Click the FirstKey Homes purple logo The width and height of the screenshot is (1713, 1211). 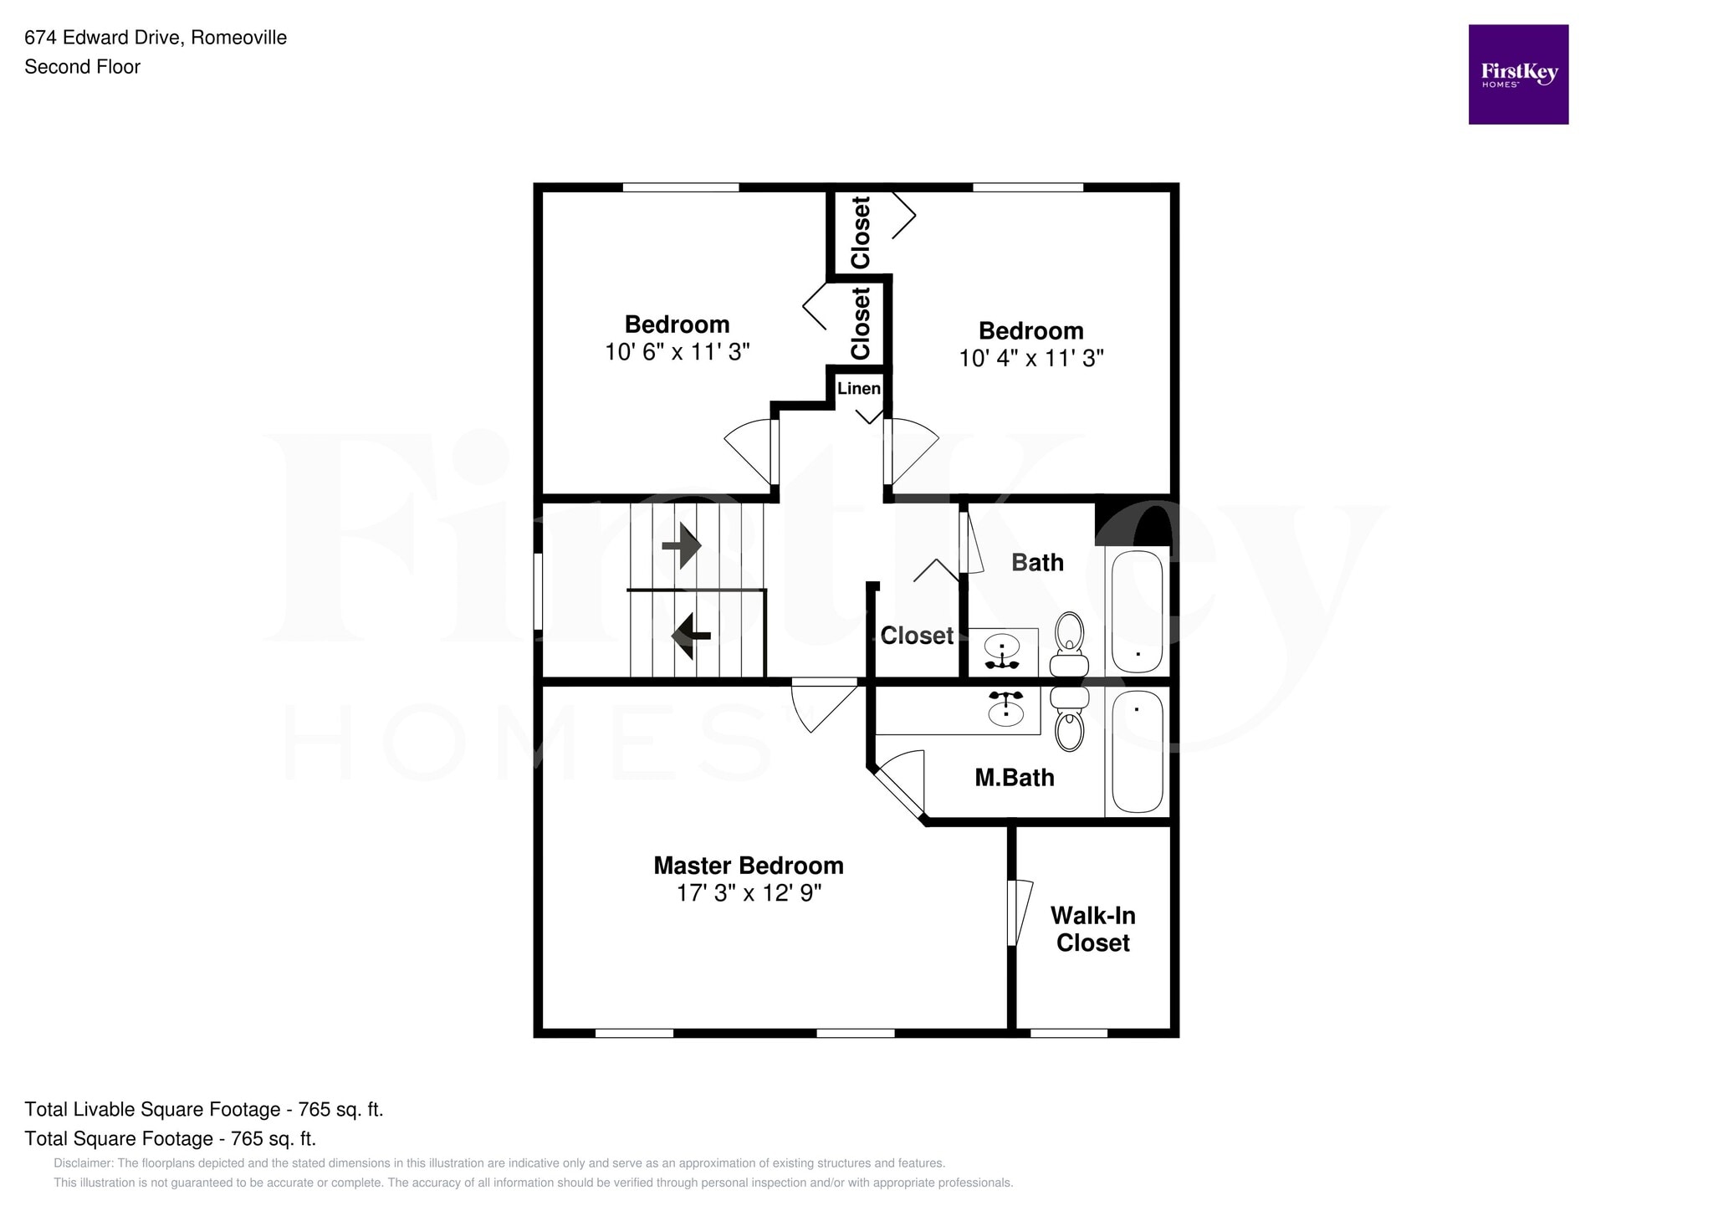(1517, 74)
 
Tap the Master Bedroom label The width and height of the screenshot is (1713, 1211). (748, 866)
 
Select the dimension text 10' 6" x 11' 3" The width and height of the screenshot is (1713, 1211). (677, 352)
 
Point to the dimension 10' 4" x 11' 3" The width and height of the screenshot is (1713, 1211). (1030, 359)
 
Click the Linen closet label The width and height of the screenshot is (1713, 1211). (858, 389)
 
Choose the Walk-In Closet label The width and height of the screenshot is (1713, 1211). (1092, 929)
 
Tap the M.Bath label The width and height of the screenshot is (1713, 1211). (1014, 779)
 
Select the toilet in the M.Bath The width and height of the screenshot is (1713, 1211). (1069, 720)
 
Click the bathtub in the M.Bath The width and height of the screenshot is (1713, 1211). (1137, 751)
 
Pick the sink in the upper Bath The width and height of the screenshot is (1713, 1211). (1001, 649)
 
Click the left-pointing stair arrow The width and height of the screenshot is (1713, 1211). (690, 636)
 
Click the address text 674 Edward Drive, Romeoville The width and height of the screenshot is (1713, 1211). (156, 38)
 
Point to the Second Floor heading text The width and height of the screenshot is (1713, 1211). (82, 67)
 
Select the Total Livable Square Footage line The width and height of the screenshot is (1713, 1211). (203, 1110)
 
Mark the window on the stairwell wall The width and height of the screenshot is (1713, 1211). (539, 590)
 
